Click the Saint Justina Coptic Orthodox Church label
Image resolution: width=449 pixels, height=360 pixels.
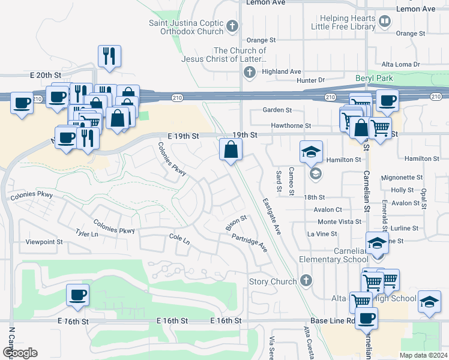point(186,27)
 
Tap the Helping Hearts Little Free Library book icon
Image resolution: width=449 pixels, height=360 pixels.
point(385,22)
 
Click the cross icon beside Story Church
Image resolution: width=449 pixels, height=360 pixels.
point(306,281)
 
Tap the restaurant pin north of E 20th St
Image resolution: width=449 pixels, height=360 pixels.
point(109,56)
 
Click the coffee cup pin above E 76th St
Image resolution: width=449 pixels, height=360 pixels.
point(77,295)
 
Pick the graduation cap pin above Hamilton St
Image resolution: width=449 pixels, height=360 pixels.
point(312,153)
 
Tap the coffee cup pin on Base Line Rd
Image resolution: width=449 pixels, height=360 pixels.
point(366,318)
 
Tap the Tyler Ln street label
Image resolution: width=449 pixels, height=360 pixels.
point(86,233)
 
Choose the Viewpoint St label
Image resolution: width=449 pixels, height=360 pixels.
point(44,242)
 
